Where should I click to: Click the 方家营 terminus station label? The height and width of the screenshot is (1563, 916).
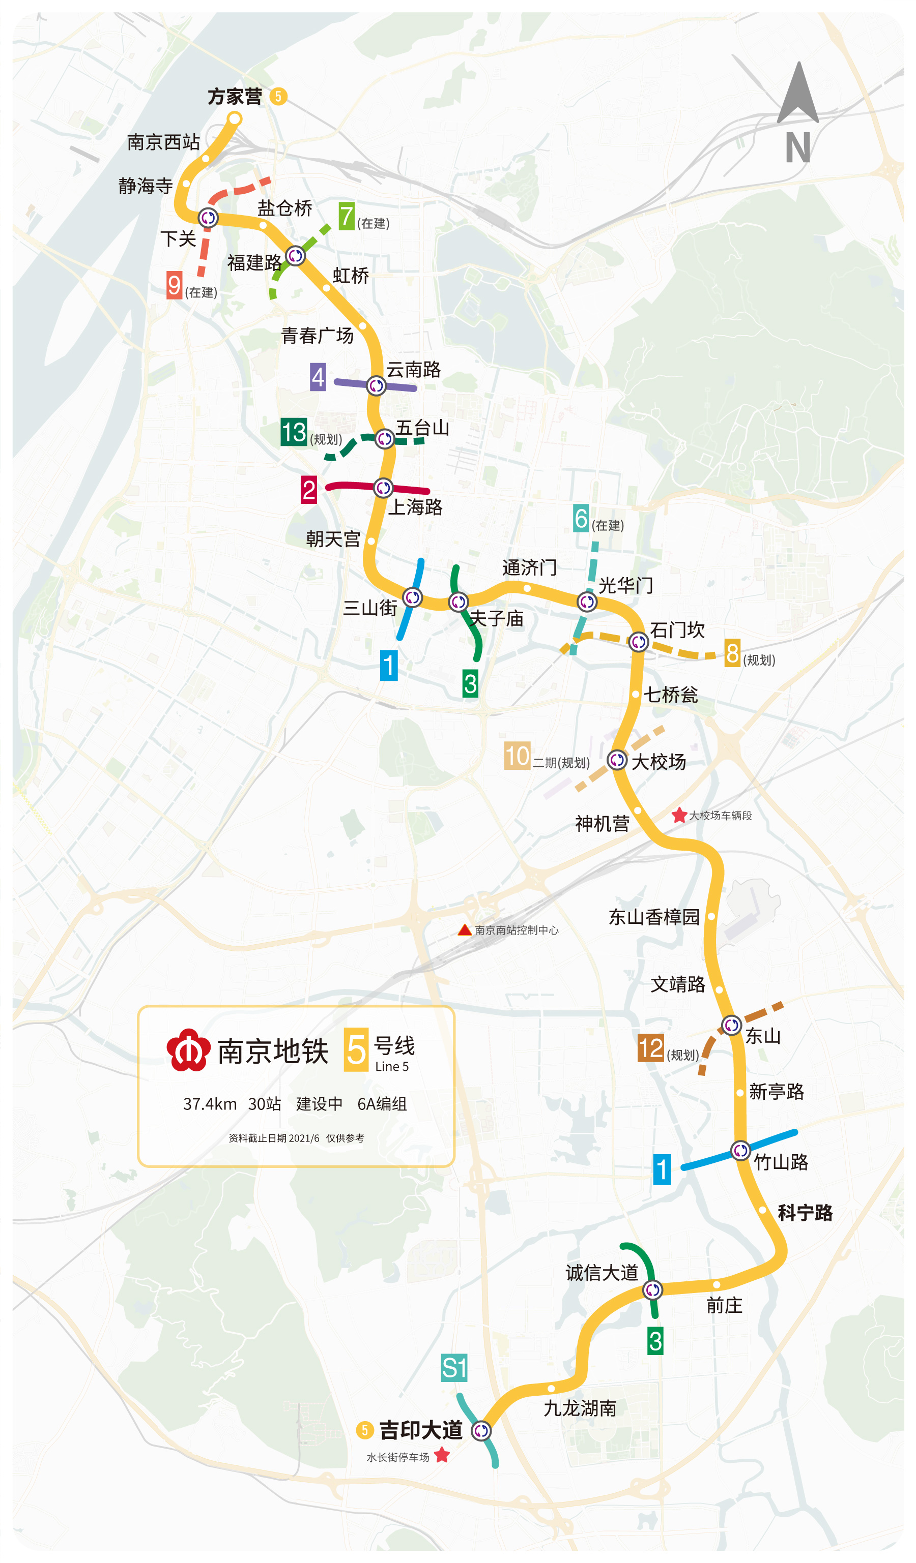click(235, 97)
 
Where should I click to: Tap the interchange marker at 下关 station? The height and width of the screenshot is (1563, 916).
click(208, 218)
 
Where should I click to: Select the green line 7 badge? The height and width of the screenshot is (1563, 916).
click(346, 217)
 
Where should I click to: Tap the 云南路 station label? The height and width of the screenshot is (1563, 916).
click(413, 370)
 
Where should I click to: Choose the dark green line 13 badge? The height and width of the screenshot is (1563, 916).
click(294, 432)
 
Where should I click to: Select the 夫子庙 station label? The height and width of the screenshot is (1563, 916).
click(497, 618)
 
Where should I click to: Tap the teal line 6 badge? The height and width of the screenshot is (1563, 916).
click(581, 518)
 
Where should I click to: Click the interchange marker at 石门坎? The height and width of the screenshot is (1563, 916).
click(639, 642)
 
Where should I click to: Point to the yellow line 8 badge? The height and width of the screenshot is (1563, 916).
click(732, 653)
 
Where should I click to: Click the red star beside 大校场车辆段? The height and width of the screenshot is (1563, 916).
click(679, 816)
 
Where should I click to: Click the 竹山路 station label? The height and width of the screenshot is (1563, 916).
click(781, 1162)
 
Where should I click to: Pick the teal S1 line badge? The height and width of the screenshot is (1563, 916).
click(453, 1368)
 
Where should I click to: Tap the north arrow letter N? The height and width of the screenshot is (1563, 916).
click(797, 147)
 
